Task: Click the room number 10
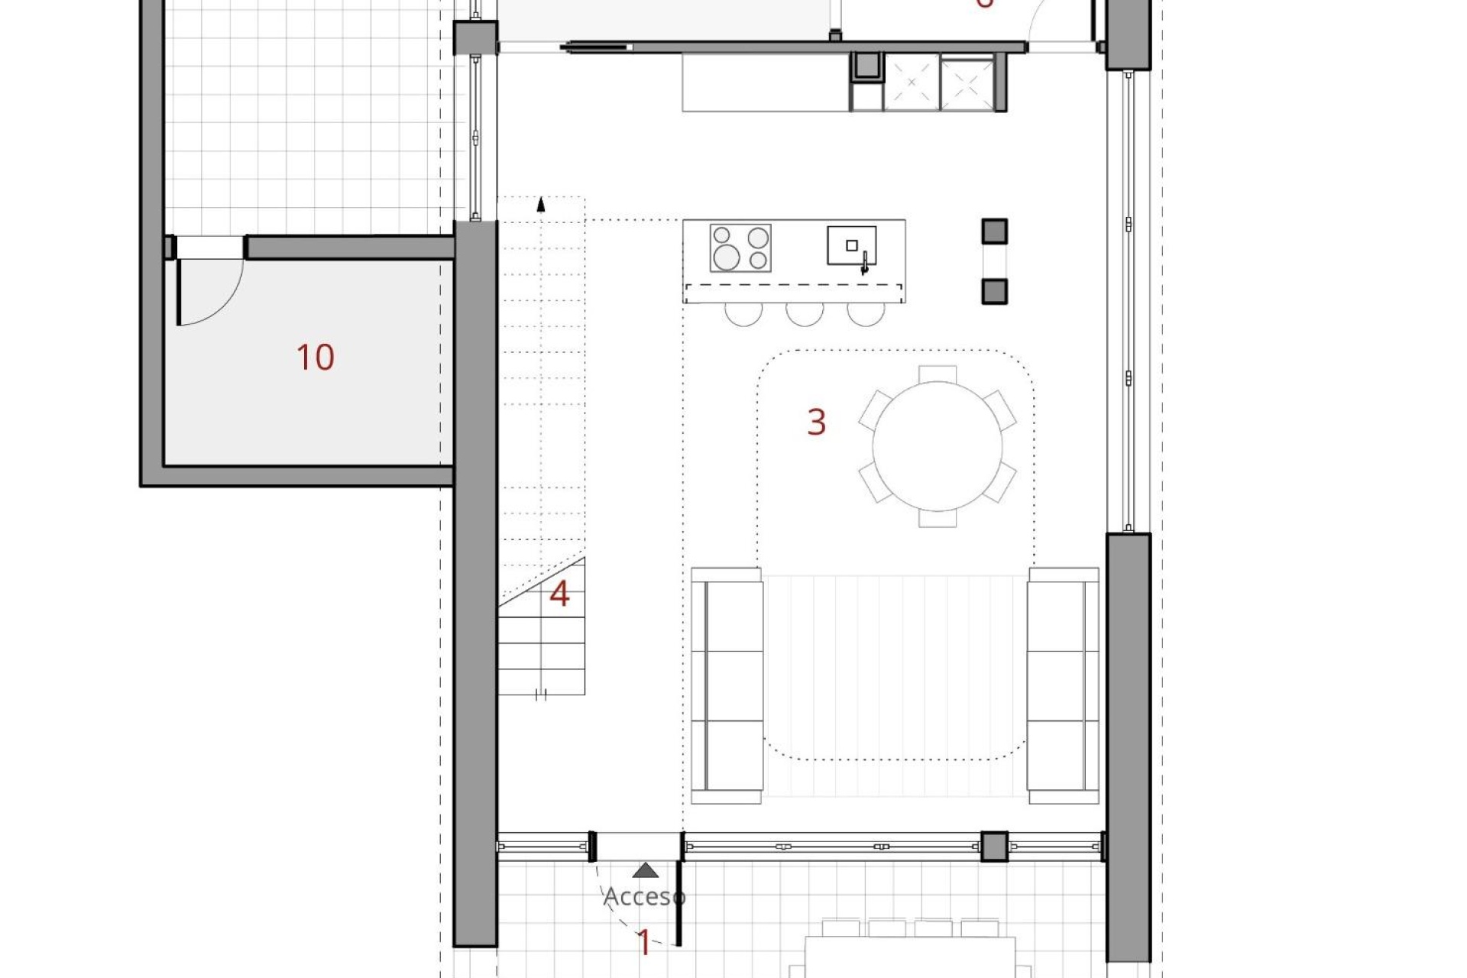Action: [315, 358]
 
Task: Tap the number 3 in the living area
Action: [816, 422]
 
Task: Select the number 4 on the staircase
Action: [559, 594]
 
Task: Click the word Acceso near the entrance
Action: [644, 896]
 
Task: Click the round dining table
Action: [937, 446]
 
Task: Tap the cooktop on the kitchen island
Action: [740, 248]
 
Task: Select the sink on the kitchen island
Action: [851, 246]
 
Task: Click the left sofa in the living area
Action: [726, 685]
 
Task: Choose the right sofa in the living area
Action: [1063, 685]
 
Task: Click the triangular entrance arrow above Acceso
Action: [646, 870]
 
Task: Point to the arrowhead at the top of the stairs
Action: [541, 203]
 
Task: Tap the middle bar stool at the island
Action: [805, 313]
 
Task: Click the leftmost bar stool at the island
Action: [743, 313]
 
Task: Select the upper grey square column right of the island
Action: [994, 231]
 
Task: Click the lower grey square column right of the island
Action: [994, 291]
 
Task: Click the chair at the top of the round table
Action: [938, 374]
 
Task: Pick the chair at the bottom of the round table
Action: [938, 519]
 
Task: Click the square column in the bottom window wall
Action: [994, 847]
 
